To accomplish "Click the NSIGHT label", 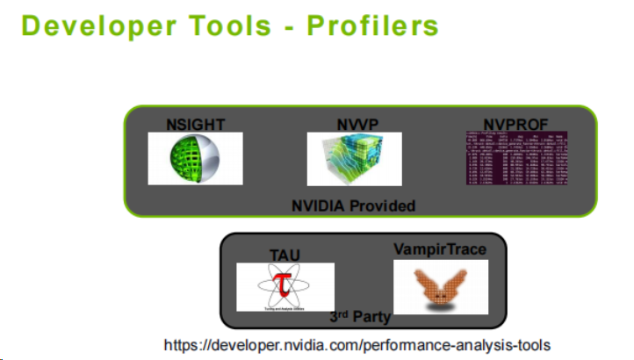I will click(x=195, y=125).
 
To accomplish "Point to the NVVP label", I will click(x=354, y=125).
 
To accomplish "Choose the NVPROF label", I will click(x=516, y=125).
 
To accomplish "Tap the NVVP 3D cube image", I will click(x=354, y=159).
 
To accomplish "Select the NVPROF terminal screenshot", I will click(x=516, y=158).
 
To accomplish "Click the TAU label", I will click(x=285, y=255).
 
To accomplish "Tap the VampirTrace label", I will click(x=440, y=249).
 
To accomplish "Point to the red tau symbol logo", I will click(x=284, y=285).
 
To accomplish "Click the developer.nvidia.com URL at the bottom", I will click(x=357, y=344).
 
